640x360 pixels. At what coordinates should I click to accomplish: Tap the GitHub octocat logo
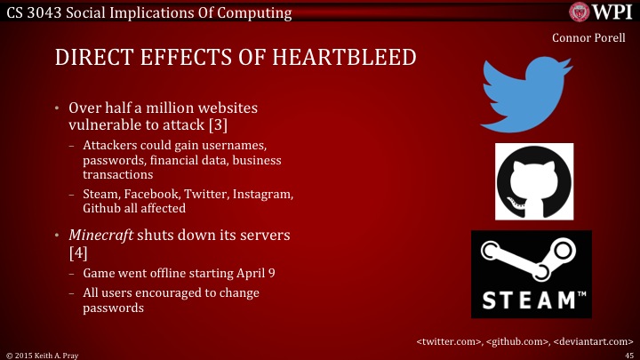coord(533,181)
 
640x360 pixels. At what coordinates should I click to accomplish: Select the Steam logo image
coord(531,274)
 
